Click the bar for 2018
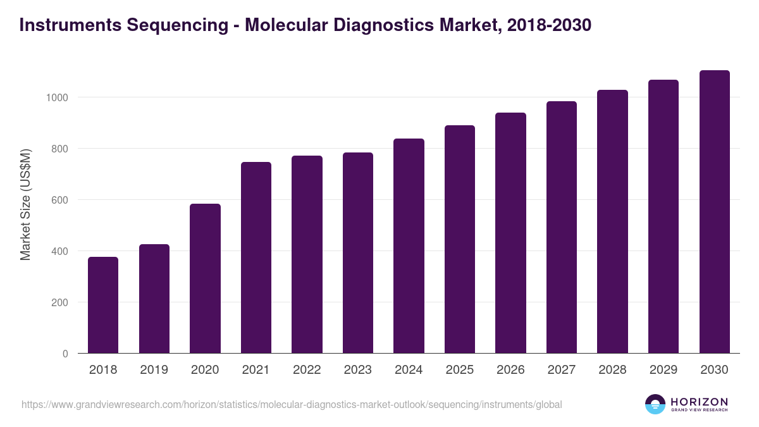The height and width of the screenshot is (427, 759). (x=103, y=305)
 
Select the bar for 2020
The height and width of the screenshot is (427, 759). (x=205, y=278)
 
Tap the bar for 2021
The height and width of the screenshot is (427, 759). (x=256, y=257)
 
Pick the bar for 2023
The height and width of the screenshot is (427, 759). (x=357, y=253)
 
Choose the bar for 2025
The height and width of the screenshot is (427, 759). (x=459, y=239)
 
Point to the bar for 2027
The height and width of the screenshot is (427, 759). (x=561, y=227)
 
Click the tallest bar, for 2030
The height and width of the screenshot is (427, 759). (x=714, y=212)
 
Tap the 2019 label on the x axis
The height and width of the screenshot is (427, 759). (x=154, y=370)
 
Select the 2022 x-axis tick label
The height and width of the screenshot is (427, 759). (x=307, y=370)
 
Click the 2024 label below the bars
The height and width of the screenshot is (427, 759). (x=409, y=370)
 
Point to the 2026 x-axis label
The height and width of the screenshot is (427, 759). (x=510, y=370)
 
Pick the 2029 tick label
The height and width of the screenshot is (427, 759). (x=663, y=370)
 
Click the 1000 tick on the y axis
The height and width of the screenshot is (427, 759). (x=56, y=97)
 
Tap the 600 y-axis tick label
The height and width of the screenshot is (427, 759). (x=59, y=200)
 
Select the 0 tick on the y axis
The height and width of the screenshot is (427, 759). (x=65, y=354)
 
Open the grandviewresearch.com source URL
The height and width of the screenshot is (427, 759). (x=292, y=404)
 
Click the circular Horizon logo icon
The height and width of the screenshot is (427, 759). (x=655, y=404)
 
